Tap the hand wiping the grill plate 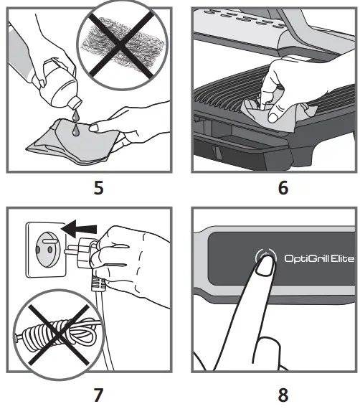coord(287,86)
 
